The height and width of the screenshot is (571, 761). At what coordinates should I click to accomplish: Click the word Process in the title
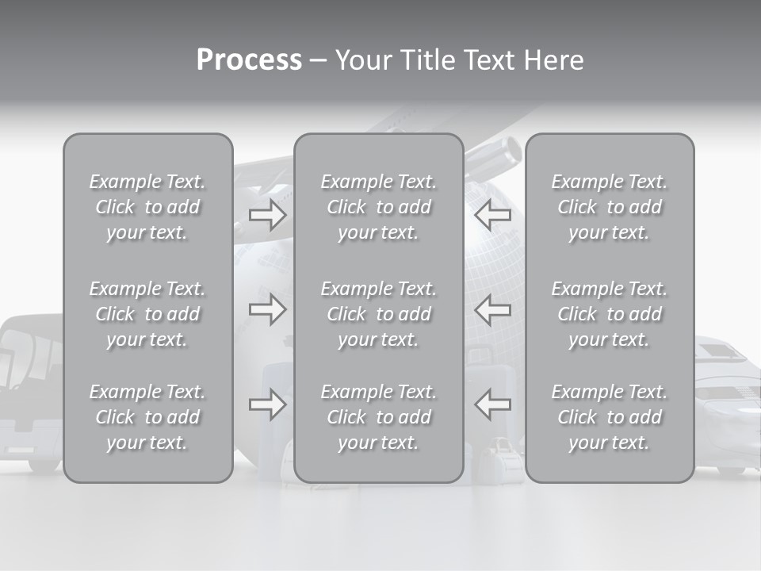coord(249,60)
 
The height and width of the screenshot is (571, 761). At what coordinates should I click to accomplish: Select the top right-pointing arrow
coord(267,215)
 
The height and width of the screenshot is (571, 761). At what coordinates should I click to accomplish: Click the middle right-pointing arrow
coord(267,309)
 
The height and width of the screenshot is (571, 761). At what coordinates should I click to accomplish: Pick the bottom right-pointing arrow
coord(267,404)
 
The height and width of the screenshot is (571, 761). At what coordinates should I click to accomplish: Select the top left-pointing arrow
coord(492,215)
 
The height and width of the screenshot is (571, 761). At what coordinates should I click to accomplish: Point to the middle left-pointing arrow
coord(492,309)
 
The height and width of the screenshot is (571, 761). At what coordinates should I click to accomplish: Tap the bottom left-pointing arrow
coord(492,404)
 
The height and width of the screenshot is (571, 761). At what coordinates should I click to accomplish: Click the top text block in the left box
coord(147,207)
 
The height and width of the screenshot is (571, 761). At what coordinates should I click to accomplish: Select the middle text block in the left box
coord(147,314)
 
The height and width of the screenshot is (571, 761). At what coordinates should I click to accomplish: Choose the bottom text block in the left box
coord(147,417)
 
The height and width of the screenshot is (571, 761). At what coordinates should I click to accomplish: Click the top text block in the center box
coord(378,207)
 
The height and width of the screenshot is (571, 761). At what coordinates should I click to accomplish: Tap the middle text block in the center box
coord(378,314)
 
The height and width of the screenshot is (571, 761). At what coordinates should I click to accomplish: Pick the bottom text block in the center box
coord(378,417)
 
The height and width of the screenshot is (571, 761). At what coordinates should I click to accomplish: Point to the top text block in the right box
coord(609,207)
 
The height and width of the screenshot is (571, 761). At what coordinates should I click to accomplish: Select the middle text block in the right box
coord(609,314)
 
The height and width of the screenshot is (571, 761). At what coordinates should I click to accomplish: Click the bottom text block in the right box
coord(609,417)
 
